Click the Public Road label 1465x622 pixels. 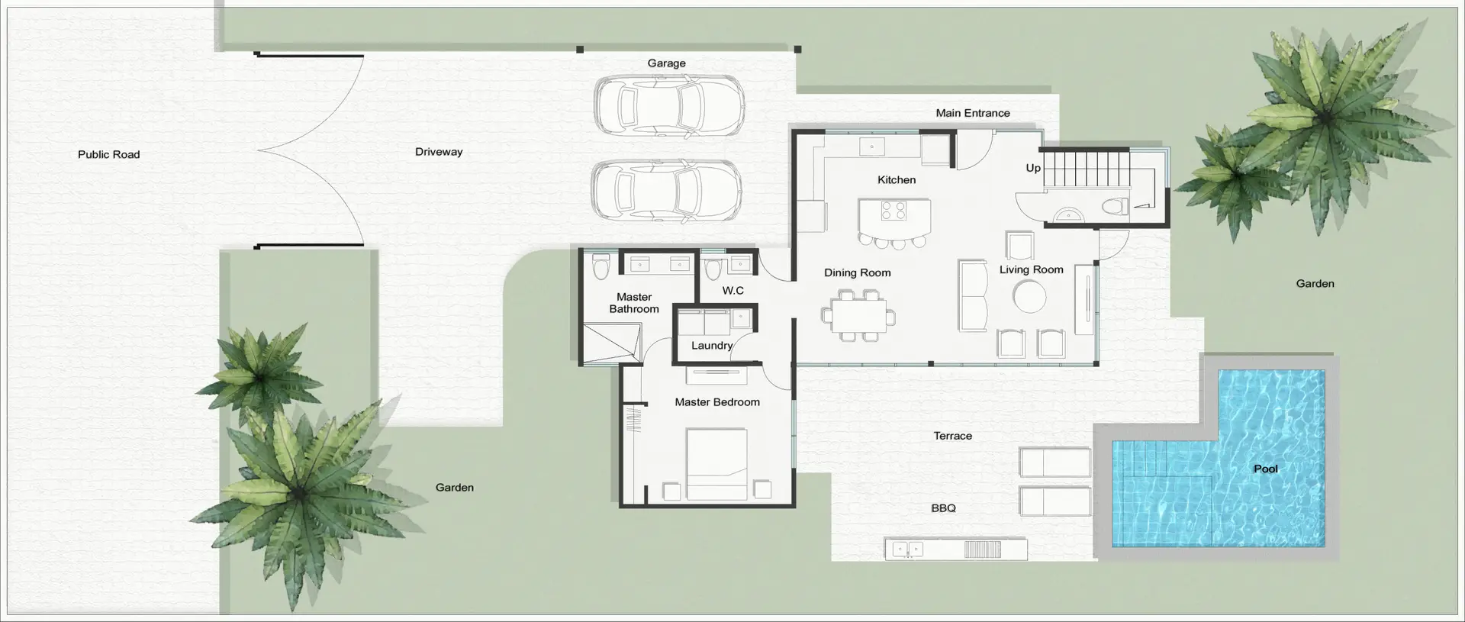click(108, 154)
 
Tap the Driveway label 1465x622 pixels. click(439, 152)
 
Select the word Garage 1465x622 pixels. click(666, 63)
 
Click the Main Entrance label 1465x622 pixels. click(973, 113)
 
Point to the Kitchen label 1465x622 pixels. click(897, 180)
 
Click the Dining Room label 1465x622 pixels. click(857, 272)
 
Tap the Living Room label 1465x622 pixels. click(1031, 269)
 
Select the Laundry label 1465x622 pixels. click(712, 346)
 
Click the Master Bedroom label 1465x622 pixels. click(717, 402)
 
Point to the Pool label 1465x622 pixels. click(1266, 469)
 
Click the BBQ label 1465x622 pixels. click(943, 508)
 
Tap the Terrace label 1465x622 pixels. click(953, 436)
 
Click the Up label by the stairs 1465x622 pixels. click(1033, 168)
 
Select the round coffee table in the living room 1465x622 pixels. click(1030, 296)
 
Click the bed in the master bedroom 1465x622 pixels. click(716, 464)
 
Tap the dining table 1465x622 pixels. click(858, 314)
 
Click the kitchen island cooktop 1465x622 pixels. click(893, 210)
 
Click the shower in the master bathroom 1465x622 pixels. click(610, 343)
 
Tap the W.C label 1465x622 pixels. click(732, 291)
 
